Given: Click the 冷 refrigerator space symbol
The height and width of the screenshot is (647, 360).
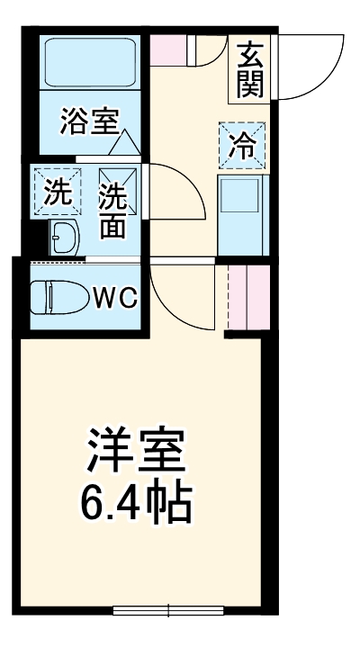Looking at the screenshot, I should [241, 144].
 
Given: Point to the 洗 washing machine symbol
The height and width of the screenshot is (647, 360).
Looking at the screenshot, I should [57, 192].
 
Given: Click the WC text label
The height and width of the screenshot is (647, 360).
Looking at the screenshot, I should [115, 298].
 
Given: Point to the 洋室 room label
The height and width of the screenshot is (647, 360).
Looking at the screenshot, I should [136, 448].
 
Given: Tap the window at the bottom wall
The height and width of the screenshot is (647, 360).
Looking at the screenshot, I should [167, 611].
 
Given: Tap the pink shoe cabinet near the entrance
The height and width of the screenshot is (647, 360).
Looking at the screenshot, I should [166, 49].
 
